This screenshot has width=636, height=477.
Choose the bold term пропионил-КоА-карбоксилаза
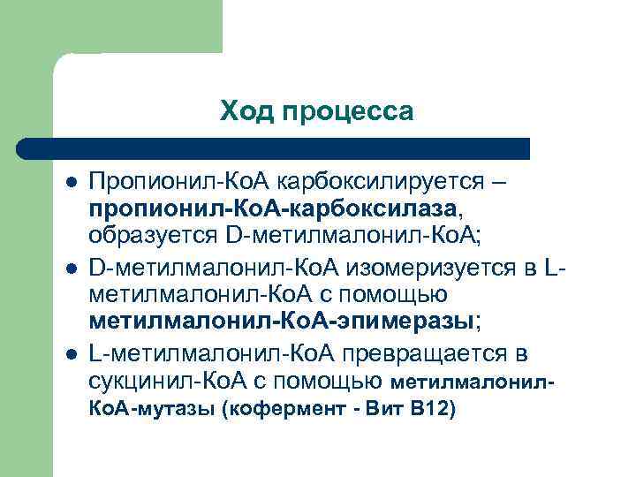[x=284, y=208]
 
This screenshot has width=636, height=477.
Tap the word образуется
[x=160, y=235]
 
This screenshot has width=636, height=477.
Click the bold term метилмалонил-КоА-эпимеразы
[x=282, y=320]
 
